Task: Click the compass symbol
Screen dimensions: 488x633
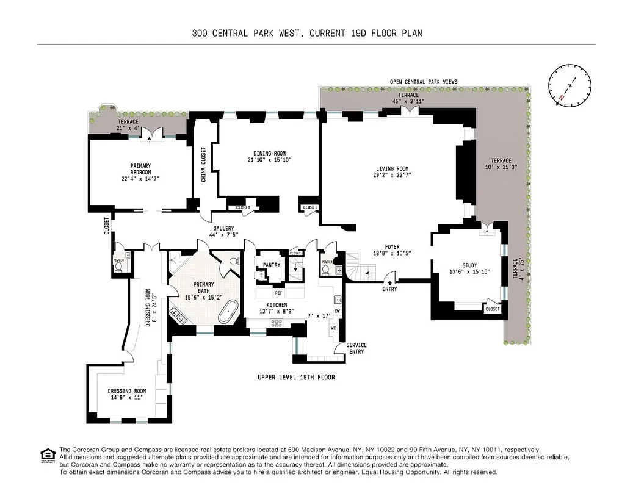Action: click(x=570, y=86)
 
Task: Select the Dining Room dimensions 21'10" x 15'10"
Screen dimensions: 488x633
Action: click(x=270, y=160)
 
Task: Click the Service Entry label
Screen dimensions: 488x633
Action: click(x=356, y=349)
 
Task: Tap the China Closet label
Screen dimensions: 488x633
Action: click(x=203, y=165)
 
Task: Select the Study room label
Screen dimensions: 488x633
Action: click(x=469, y=265)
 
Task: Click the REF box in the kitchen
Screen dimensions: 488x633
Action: click(x=278, y=293)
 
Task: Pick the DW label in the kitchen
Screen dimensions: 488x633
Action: click(x=337, y=311)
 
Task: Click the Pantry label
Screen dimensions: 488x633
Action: click(x=271, y=265)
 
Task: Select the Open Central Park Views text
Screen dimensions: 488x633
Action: click(x=424, y=82)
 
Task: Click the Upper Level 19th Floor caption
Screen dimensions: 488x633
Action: click(x=296, y=378)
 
